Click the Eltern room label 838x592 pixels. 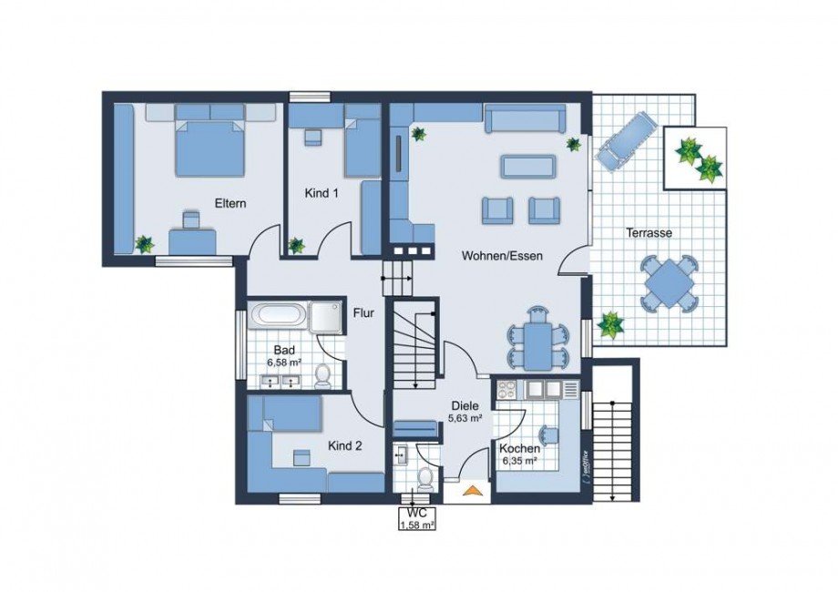[x=230, y=203]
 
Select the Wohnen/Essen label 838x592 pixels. [x=501, y=256]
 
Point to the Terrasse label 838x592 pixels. [x=649, y=233]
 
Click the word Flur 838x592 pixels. [x=364, y=312]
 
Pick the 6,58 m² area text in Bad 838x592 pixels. [x=282, y=362]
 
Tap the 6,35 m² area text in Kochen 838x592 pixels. [x=520, y=461]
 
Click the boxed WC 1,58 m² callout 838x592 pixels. [x=416, y=518]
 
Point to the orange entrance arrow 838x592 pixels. [x=471, y=492]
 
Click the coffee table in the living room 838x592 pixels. [x=527, y=167]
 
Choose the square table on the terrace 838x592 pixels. [x=670, y=283]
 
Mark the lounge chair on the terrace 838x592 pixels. [x=624, y=139]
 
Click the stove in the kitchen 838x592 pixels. [x=508, y=390]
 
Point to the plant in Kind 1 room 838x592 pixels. [x=296, y=245]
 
